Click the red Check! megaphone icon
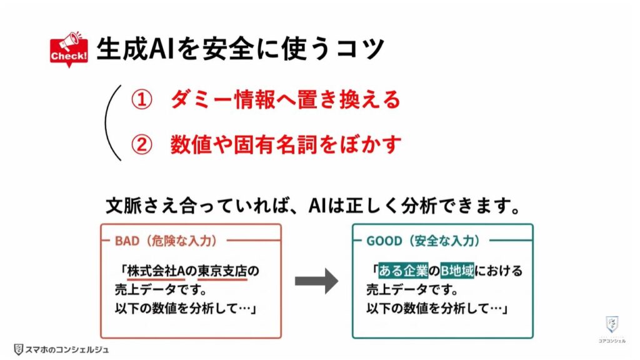pos(69,48)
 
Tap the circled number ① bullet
pos(141,100)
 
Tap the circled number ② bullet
pos(141,144)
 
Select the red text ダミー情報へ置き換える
pos(285,100)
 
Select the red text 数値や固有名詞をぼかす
pos(285,144)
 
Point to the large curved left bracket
pos(112,122)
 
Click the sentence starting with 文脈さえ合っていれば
pos(312,206)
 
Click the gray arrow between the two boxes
pos(316,282)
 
